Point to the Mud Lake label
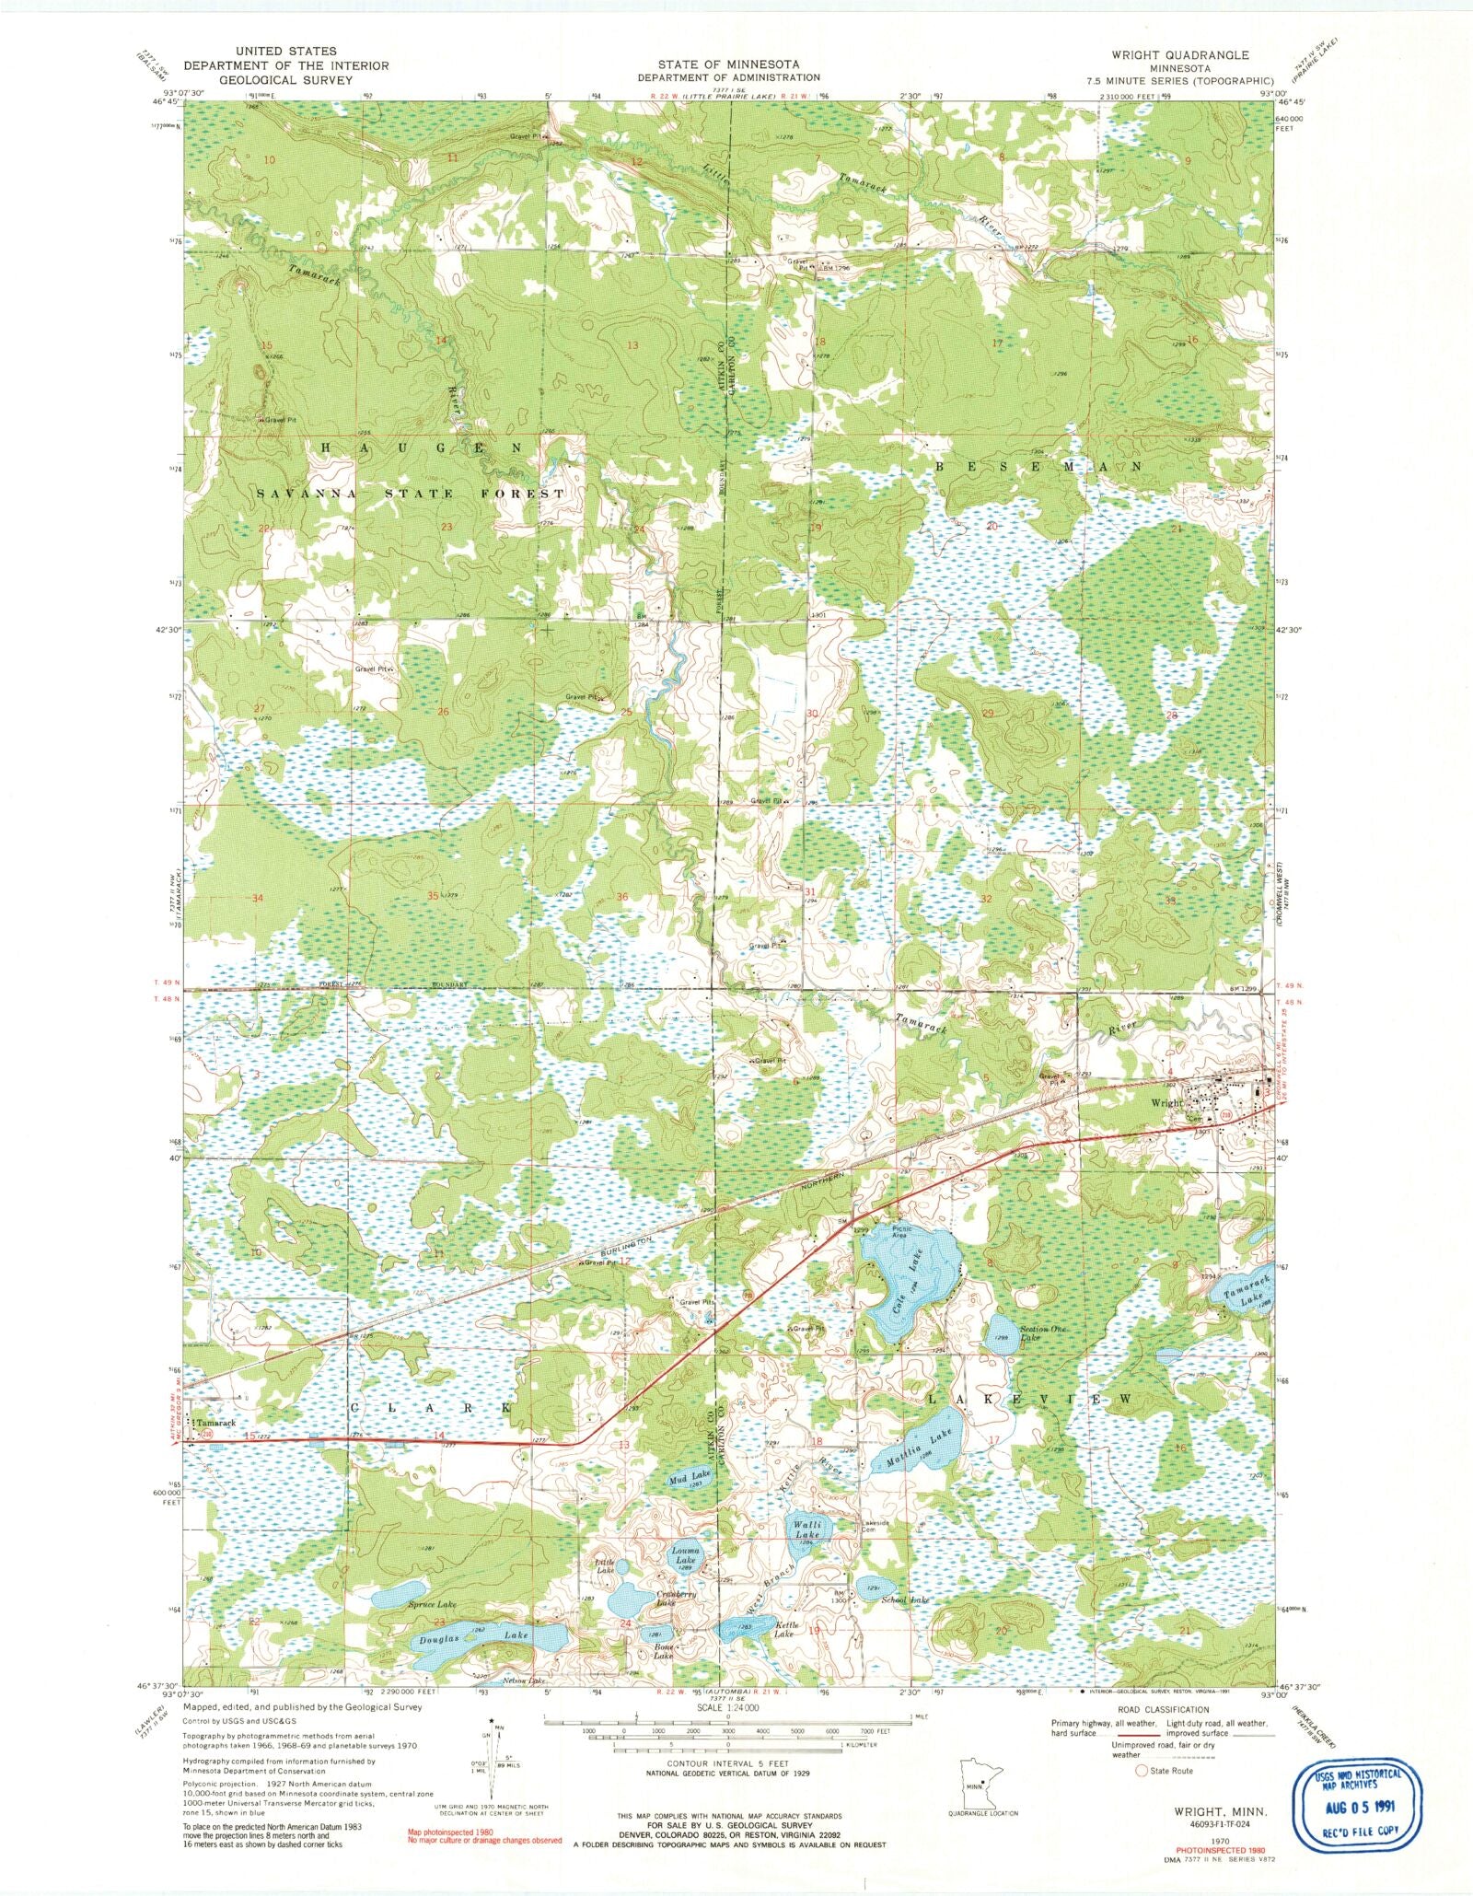click(x=689, y=1502)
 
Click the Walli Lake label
click(x=807, y=1555)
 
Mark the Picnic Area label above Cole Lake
click(x=901, y=1232)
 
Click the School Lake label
click(x=906, y=1600)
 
